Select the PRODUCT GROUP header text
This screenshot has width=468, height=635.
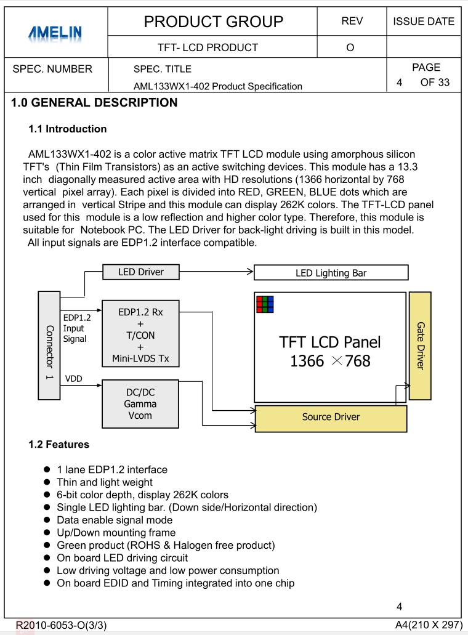click(213, 22)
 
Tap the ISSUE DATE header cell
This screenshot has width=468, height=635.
click(424, 22)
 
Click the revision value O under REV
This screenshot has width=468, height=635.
click(350, 47)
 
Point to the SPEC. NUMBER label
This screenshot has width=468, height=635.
click(52, 69)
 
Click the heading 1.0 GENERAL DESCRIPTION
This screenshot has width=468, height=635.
click(94, 103)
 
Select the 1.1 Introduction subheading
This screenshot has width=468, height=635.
click(68, 129)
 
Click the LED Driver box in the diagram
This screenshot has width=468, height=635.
click(140, 272)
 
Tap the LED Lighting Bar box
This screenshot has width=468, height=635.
click(331, 273)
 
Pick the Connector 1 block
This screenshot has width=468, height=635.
click(49, 345)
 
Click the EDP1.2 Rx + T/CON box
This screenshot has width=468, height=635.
click(140, 335)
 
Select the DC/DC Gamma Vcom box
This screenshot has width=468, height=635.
click(140, 403)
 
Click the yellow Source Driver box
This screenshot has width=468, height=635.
click(331, 418)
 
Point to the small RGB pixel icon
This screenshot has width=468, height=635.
click(265, 304)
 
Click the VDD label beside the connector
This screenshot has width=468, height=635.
click(73, 379)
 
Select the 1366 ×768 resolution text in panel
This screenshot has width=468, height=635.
click(330, 361)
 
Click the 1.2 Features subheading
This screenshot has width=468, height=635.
click(59, 445)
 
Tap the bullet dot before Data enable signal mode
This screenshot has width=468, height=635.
click(47, 520)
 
